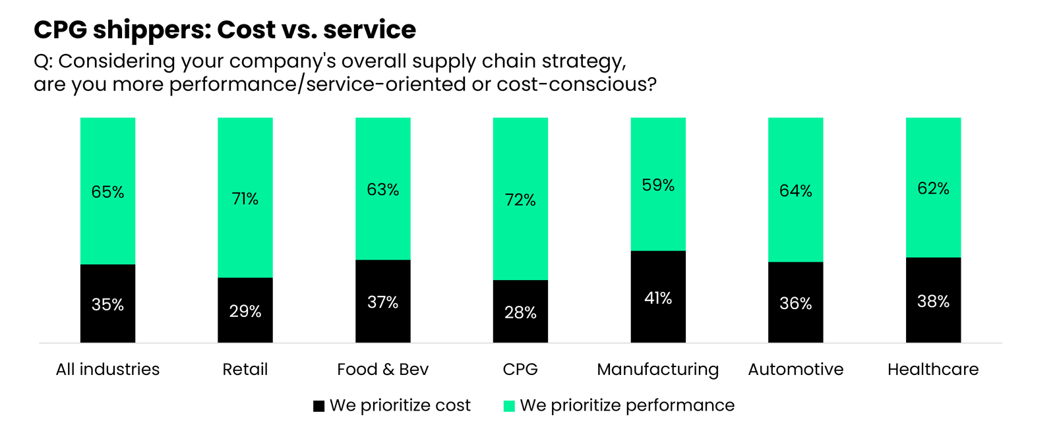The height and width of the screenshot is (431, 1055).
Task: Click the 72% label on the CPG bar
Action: (x=520, y=200)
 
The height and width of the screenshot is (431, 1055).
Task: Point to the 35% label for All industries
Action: (x=107, y=304)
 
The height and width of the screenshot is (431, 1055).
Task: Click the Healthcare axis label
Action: (x=932, y=369)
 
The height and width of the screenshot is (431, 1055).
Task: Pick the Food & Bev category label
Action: (x=382, y=369)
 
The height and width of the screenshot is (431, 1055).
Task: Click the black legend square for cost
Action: (x=318, y=406)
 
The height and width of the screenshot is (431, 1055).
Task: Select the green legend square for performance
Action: (x=509, y=406)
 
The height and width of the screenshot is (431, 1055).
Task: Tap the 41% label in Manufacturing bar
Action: (x=658, y=298)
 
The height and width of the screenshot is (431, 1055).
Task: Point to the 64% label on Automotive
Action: (x=795, y=191)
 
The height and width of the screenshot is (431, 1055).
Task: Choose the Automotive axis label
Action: (x=795, y=369)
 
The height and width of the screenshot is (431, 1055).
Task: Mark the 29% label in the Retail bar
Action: (x=245, y=311)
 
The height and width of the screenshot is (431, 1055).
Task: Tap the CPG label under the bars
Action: (x=520, y=369)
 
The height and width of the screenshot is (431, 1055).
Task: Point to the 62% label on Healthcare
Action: (x=933, y=188)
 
